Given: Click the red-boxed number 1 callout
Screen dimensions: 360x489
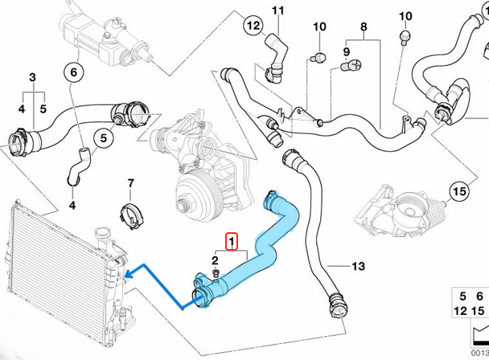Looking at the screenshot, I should tap(231, 240).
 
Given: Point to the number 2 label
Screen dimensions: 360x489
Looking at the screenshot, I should tap(216, 260).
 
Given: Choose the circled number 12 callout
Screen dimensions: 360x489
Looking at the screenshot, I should tap(252, 26).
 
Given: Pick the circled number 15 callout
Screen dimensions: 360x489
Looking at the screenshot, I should tap(458, 192).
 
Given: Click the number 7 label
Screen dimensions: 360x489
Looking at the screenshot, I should tap(130, 184).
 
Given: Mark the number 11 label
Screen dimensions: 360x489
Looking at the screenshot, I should tap(278, 10).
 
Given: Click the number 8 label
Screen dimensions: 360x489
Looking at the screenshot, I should tap(363, 27).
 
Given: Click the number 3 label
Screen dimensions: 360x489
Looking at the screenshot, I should tap(33, 77).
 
